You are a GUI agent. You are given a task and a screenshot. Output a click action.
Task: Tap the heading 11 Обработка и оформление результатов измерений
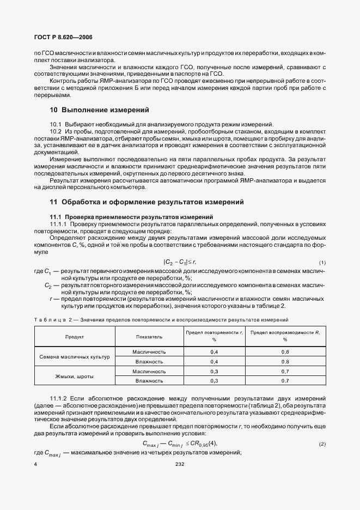146,202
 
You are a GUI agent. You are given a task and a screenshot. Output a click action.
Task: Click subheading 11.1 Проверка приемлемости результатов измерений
121,217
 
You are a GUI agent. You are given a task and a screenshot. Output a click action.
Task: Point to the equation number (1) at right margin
322,263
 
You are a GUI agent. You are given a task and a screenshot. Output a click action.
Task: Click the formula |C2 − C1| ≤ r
180,263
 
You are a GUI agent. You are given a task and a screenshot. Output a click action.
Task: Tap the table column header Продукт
75,337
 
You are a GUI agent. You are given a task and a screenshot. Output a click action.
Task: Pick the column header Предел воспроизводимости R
285,336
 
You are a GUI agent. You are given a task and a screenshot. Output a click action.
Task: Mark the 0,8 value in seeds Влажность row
285,361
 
